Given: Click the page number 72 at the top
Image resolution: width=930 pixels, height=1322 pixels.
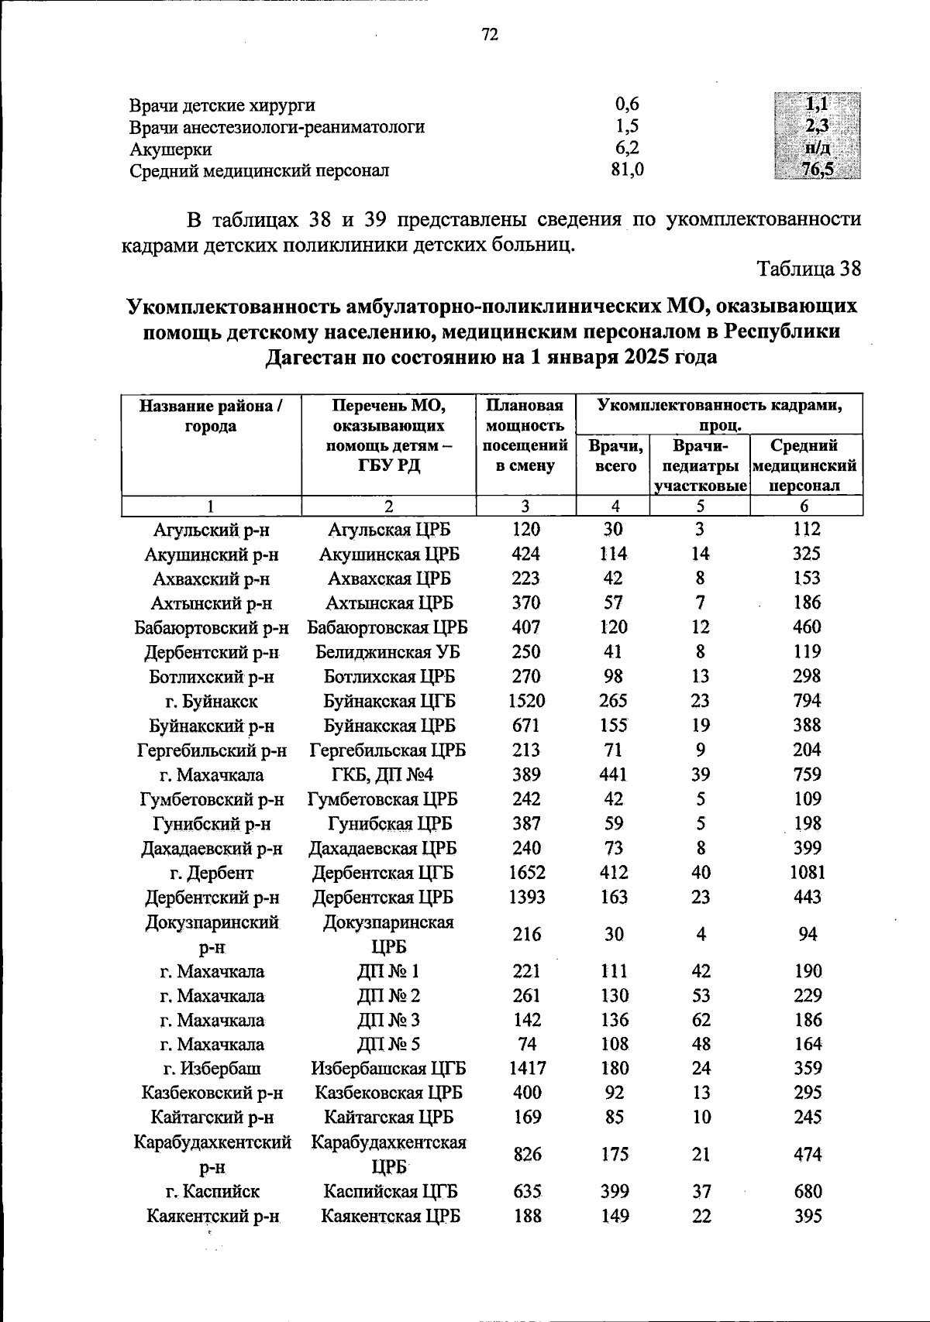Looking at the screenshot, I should pyautogui.click(x=490, y=35).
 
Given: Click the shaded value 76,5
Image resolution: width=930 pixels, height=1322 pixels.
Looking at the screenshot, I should pyautogui.click(x=817, y=170).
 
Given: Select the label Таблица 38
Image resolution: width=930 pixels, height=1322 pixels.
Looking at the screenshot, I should pyautogui.click(x=809, y=269).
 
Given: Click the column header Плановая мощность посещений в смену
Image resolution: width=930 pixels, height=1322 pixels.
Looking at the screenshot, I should pyautogui.click(x=525, y=435).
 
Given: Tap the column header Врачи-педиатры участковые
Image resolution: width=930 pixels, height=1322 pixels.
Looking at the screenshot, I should pyautogui.click(x=700, y=465).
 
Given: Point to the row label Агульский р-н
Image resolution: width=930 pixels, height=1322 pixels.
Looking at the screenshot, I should pyautogui.click(x=211, y=530).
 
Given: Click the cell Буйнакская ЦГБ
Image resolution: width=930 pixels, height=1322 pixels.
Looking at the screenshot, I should pyautogui.click(x=389, y=701).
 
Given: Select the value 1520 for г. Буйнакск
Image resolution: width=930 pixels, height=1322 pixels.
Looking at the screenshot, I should pyautogui.click(x=526, y=701).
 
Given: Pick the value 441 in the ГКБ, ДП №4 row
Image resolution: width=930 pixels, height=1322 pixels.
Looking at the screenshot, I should pyautogui.click(x=615, y=774).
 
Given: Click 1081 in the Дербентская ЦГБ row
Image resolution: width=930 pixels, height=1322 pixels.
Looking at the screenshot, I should pyautogui.click(x=808, y=873).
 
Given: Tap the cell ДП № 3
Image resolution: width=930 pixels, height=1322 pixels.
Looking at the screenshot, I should pyautogui.click(x=388, y=1020).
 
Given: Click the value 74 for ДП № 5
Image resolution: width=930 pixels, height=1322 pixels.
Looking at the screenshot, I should pyautogui.click(x=526, y=1044).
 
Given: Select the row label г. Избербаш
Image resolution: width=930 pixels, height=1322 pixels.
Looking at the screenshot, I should pyautogui.click(x=212, y=1069).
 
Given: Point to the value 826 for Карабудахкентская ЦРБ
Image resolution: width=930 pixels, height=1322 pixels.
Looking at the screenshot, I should pyautogui.click(x=526, y=1155).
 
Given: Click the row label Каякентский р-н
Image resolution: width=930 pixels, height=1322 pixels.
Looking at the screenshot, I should pyautogui.click(x=212, y=1217).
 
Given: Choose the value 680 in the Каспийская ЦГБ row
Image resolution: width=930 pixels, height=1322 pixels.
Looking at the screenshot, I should pyautogui.click(x=808, y=1192).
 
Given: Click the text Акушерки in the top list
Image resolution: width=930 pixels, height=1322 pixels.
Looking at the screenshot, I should pyautogui.click(x=170, y=149).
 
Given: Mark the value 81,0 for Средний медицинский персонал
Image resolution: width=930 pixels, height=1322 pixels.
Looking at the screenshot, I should pyautogui.click(x=627, y=170).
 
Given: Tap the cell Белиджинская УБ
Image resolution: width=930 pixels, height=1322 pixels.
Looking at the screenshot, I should pyautogui.click(x=388, y=652).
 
